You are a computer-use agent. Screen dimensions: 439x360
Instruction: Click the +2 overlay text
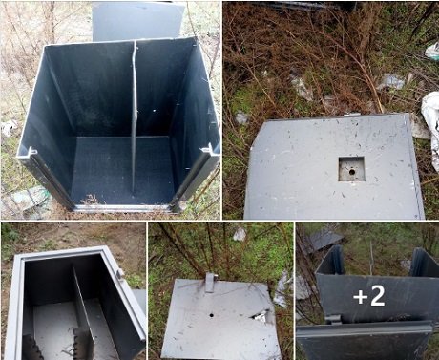[x=369, y=296]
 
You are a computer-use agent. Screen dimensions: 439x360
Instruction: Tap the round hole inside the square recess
[x=352, y=172]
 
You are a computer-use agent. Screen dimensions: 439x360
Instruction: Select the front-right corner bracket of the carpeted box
[x=206, y=149]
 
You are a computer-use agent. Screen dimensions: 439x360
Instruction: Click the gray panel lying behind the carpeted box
[x=137, y=21]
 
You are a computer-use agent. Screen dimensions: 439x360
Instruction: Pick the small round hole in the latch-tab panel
[x=211, y=315]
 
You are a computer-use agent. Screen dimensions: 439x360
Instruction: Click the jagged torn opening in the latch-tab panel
[x=261, y=316]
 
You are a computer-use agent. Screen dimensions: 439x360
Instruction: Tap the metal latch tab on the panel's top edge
[x=210, y=283]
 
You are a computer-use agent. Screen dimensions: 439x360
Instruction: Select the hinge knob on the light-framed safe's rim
[x=120, y=274]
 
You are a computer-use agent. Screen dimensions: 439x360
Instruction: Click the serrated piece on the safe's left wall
[x=31, y=347]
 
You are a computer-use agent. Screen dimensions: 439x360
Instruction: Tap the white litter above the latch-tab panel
[x=240, y=234]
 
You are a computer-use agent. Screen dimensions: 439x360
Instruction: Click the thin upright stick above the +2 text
[x=371, y=258]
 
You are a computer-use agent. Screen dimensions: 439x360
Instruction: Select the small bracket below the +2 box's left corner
[x=332, y=319]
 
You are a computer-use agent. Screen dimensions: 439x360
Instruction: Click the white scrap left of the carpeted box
[x=9, y=127]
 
